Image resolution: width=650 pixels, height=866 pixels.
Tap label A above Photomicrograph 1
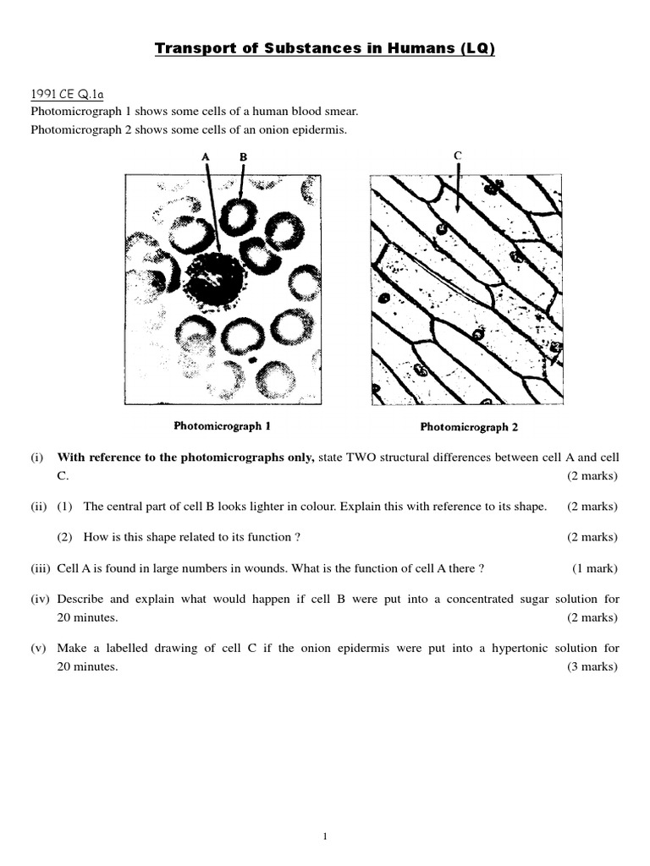(x=205, y=156)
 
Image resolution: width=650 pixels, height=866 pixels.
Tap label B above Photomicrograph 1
(x=243, y=156)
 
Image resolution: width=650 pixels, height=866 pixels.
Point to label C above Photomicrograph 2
(x=458, y=155)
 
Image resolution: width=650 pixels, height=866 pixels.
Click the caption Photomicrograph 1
(x=223, y=426)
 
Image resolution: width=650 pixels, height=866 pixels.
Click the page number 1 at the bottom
(x=325, y=837)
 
